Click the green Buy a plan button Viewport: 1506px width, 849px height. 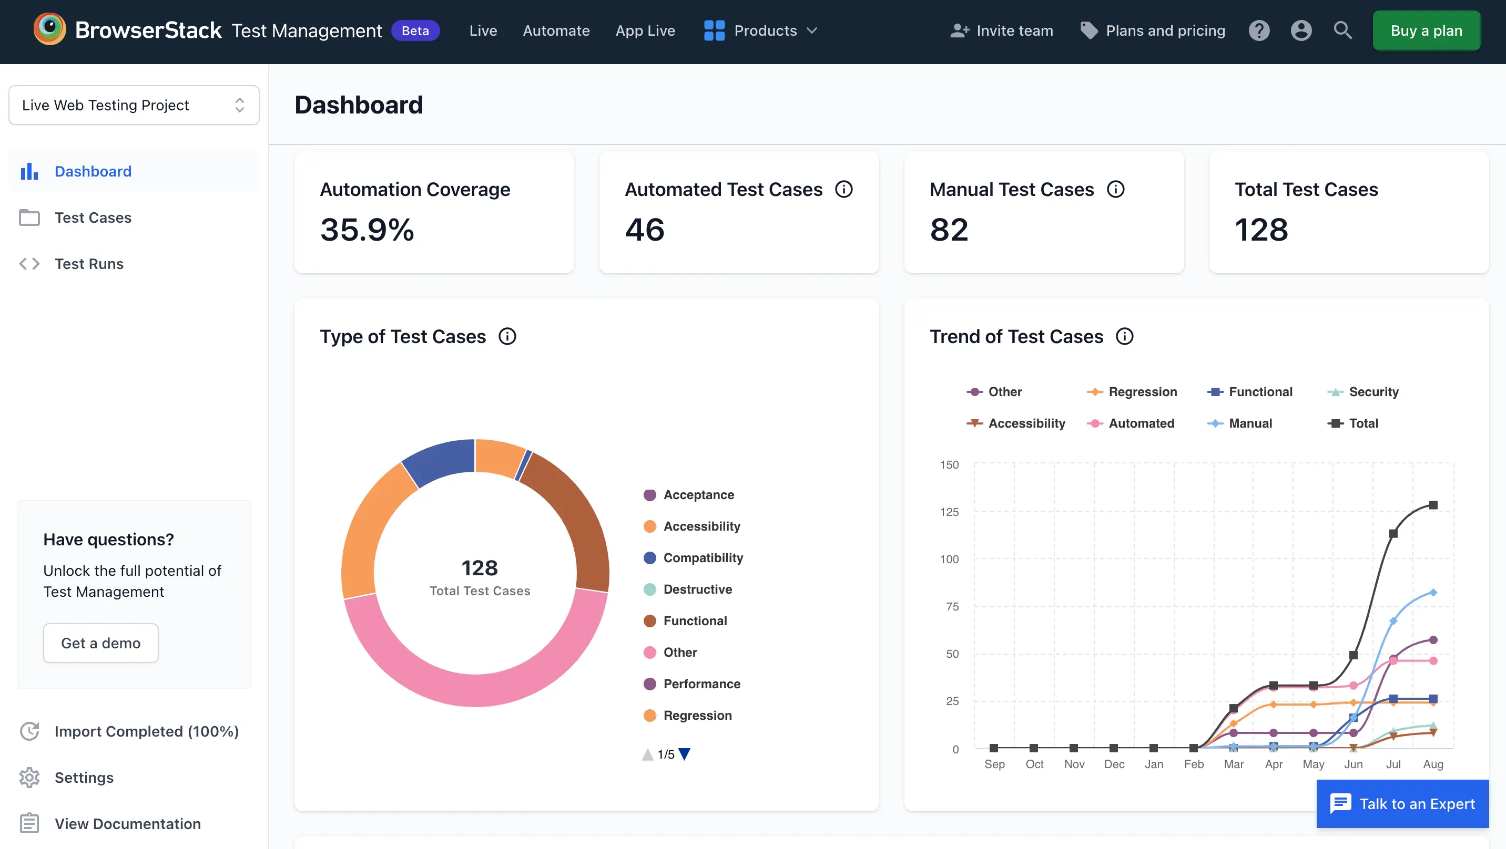click(1426, 30)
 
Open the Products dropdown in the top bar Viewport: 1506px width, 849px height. click(760, 30)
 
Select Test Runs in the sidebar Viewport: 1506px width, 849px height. click(89, 264)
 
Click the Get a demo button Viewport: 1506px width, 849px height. click(100, 643)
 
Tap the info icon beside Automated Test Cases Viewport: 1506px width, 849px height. click(843, 189)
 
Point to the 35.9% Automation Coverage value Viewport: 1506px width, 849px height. click(367, 229)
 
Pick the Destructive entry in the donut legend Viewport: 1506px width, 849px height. click(697, 589)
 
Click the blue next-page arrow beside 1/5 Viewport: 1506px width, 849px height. click(684, 754)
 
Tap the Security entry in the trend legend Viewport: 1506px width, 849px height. click(1373, 391)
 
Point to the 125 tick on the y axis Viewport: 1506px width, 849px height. click(949, 512)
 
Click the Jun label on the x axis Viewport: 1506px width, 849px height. click(1353, 764)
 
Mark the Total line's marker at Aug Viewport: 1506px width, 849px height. click(1433, 505)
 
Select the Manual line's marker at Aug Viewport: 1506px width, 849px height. click(1433, 593)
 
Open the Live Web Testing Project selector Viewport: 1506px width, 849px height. click(134, 105)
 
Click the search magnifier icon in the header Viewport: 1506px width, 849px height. click(1342, 30)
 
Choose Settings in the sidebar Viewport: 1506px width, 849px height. click(84, 777)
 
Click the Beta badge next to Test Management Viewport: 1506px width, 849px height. click(415, 30)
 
